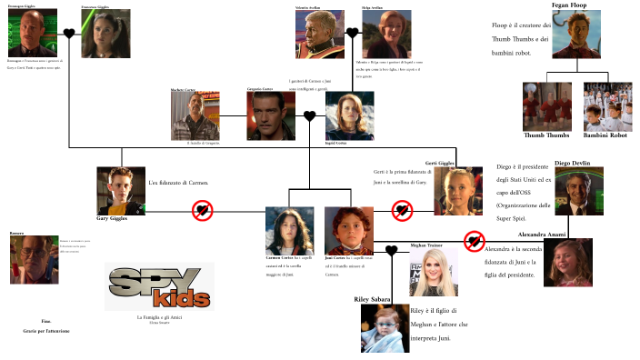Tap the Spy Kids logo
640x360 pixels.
[160, 286]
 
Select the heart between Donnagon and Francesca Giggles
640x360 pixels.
[69, 35]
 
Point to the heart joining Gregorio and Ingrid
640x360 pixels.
[309, 116]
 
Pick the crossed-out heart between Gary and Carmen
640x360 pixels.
[202, 211]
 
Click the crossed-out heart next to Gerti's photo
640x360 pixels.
[402, 211]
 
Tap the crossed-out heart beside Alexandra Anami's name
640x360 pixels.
[474, 241]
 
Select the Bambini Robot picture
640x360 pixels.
[605, 106]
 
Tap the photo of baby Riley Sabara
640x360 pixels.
[385, 327]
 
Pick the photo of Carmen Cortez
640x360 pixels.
[289, 231]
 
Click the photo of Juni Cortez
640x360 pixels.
[349, 231]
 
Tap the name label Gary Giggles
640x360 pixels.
[114, 218]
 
